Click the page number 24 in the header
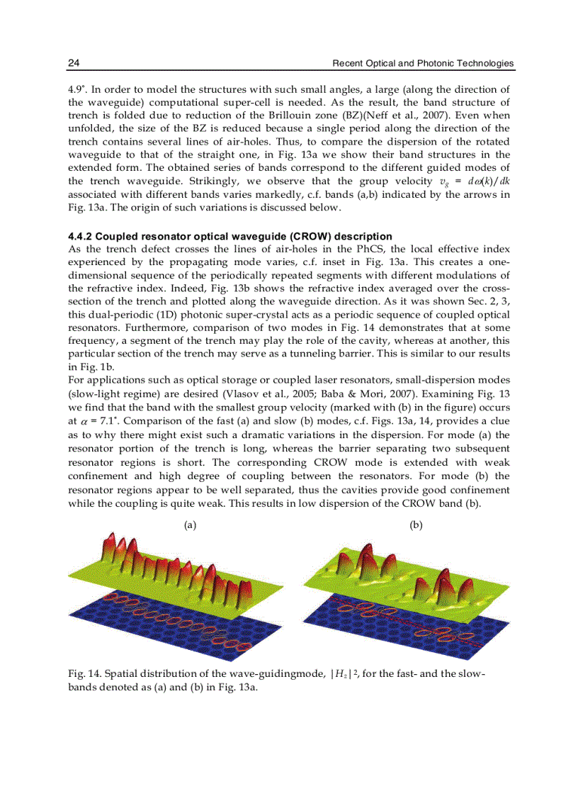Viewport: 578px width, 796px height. tap(74, 64)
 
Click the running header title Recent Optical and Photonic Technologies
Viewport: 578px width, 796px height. tap(423, 64)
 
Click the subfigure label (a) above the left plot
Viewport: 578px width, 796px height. tap(189, 525)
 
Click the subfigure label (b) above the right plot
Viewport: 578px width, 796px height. tap(416, 525)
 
